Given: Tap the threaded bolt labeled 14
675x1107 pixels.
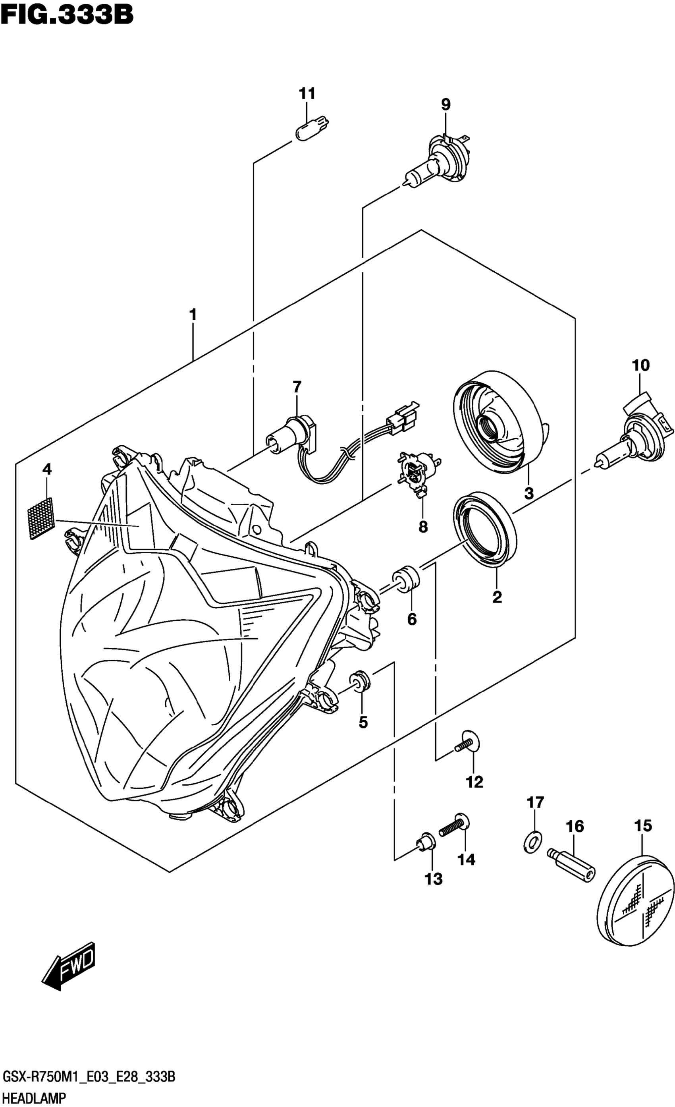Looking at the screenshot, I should [x=455, y=825].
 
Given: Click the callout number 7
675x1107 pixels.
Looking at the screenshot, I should [x=297, y=386].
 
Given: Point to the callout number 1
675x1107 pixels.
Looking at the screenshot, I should [x=193, y=315].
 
